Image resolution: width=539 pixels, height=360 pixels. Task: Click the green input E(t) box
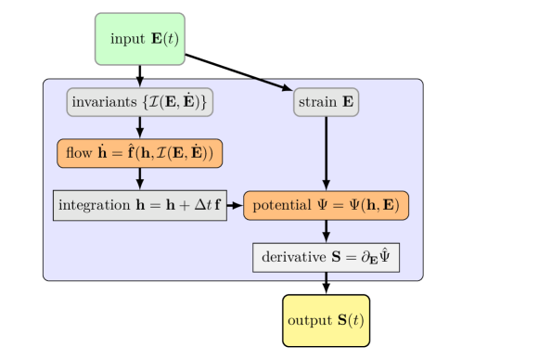[140, 39]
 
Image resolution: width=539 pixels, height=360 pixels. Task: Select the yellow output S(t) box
[326, 320]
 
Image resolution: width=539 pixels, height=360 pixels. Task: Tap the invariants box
[140, 102]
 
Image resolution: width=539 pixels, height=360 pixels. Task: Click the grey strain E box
[326, 102]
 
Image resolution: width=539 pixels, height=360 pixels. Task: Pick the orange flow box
[140, 152]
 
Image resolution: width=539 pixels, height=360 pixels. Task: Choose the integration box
[140, 204]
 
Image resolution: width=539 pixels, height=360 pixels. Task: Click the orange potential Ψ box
[326, 204]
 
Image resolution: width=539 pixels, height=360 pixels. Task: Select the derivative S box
[326, 256]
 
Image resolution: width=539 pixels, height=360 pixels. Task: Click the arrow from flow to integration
[140, 178]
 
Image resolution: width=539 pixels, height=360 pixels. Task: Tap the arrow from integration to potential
[235, 204]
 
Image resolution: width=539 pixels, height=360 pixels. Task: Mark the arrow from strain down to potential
[326, 153]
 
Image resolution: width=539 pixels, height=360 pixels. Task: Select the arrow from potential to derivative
[326, 231]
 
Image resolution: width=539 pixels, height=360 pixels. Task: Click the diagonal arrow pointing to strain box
[270, 84]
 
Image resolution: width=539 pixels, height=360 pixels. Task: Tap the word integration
[93, 204]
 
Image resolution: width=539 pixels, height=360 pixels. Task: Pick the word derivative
[291, 256]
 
